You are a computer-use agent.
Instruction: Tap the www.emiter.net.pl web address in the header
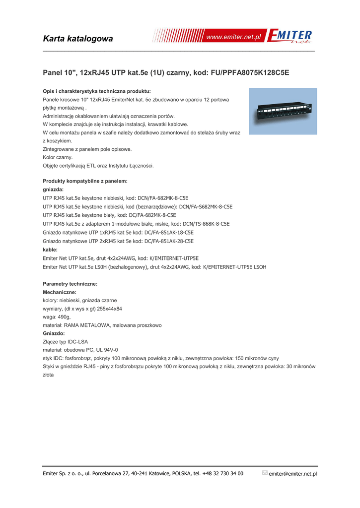click(x=233, y=38)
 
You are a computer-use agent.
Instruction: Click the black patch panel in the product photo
click(x=282, y=111)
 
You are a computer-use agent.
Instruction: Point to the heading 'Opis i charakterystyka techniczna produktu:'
click(x=97, y=91)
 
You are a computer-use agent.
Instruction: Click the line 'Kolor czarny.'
click(x=58, y=157)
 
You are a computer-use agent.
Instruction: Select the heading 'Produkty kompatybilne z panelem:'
click(x=85, y=181)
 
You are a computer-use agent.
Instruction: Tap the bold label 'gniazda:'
click(x=54, y=190)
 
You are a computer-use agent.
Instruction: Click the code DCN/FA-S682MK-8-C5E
click(x=206, y=206)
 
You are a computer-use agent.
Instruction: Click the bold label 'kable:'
click(x=50, y=250)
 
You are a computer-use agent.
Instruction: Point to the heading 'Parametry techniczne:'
click(x=70, y=284)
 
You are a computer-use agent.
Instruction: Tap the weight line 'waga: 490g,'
click(x=57, y=317)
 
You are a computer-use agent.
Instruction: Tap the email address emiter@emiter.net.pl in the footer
click(x=292, y=474)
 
